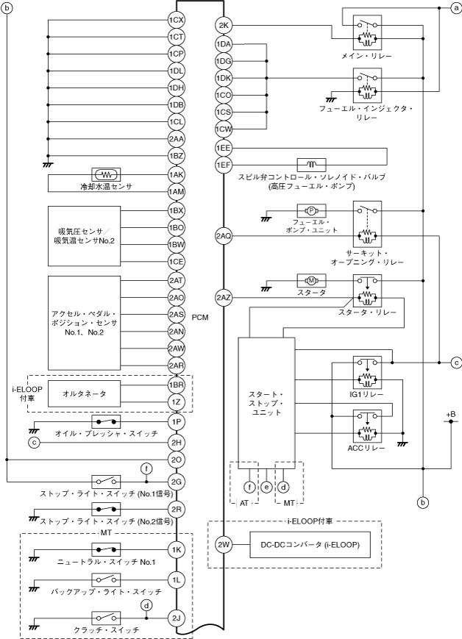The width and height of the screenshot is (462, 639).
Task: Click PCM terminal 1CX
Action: pos(176,21)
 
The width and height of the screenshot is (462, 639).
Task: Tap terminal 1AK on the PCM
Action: pos(176,175)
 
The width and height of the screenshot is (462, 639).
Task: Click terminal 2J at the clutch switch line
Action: pos(176,618)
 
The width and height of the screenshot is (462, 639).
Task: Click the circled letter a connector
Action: pos(455,7)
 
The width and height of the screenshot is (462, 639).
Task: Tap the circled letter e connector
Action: pos(266,486)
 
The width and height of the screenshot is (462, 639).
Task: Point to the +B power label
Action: pos(450,417)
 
